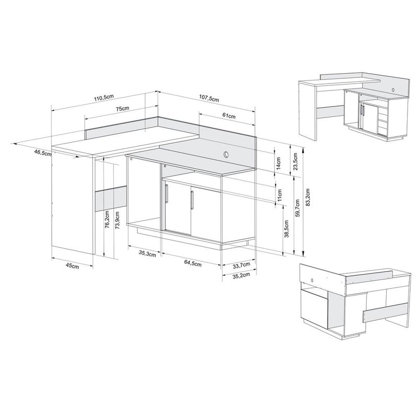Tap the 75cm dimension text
122,109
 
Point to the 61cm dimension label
229,116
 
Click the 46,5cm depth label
43,153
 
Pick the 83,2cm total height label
308,198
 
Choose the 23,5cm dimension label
295,161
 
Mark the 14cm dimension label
278,164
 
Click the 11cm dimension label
279,195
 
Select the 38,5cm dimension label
286,229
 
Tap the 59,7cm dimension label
298,208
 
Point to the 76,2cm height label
107,219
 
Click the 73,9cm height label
117,220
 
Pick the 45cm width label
73,266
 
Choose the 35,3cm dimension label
147,253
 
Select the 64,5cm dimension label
193,263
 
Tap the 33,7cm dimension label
241,265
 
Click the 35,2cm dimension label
241,275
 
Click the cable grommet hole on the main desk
226,154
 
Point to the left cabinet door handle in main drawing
167,194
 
